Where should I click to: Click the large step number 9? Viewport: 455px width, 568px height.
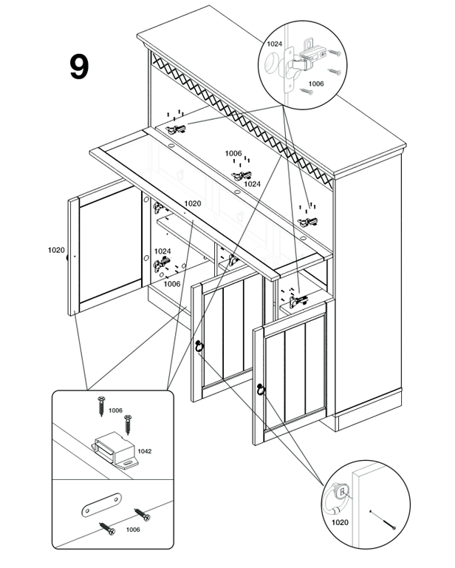click(79, 67)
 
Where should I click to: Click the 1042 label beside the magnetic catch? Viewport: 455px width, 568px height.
click(144, 451)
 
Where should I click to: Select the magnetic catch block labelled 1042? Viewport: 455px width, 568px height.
click(115, 450)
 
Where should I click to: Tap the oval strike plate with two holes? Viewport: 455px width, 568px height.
click(101, 505)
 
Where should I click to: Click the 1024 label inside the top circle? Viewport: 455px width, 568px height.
click(274, 44)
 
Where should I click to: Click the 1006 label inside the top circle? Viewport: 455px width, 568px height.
click(315, 84)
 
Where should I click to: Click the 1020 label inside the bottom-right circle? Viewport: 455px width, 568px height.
click(340, 522)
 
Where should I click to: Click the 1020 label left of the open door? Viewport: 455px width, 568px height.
click(56, 250)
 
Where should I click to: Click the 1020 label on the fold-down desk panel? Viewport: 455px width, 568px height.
click(193, 203)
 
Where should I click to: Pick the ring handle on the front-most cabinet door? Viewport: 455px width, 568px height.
click(261, 390)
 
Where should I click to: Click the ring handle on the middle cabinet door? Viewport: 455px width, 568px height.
click(199, 347)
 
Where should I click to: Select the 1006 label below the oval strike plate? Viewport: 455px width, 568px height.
click(133, 530)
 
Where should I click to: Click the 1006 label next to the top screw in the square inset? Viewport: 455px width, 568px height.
click(115, 410)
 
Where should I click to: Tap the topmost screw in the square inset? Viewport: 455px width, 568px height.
click(101, 406)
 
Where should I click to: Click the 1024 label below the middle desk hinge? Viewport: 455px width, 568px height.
click(252, 184)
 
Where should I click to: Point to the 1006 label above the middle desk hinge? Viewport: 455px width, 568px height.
click(233, 154)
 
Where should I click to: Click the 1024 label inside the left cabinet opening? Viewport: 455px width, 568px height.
click(162, 251)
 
